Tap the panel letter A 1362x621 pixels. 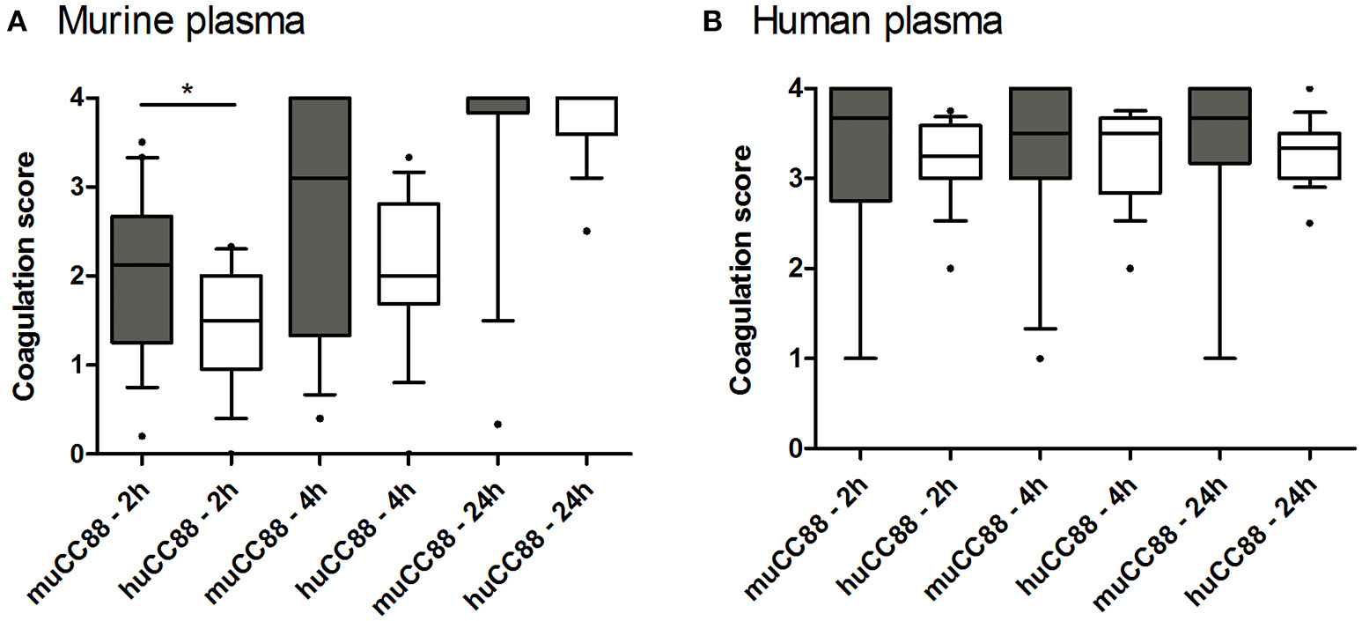coord(15,25)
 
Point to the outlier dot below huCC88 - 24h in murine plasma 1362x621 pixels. coord(586,231)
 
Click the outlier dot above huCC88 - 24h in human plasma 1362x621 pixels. coord(1308,88)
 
